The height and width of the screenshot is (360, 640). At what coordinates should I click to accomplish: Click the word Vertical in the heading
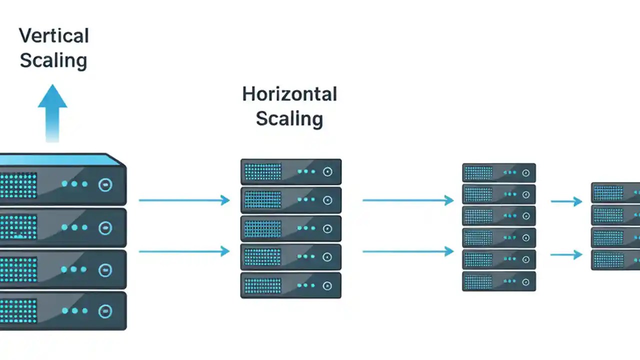[54, 36]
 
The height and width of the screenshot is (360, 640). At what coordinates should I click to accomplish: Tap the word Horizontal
[289, 94]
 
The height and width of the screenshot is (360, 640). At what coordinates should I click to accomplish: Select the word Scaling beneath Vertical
[53, 60]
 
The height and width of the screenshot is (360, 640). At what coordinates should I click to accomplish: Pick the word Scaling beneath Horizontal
[289, 118]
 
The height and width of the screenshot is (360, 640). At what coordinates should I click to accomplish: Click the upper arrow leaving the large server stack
[184, 200]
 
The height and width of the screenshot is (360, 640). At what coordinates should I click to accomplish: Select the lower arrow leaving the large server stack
[184, 251]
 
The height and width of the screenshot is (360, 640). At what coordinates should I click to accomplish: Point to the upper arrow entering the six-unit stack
[408, 200]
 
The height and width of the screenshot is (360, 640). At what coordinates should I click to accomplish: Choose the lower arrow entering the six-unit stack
[408, 251]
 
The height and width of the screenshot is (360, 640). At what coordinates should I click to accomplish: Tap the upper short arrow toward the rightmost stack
[566, 201]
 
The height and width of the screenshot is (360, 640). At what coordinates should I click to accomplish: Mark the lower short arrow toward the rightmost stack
[566, 254]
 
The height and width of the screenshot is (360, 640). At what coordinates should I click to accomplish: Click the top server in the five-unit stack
[291, 172]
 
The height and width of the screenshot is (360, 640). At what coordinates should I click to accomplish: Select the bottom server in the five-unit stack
[291, 285]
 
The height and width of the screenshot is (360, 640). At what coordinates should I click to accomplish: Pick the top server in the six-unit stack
[499, 173]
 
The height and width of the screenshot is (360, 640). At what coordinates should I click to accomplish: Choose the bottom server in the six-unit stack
[499, 281]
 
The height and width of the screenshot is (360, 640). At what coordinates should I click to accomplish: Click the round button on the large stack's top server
[105, 184]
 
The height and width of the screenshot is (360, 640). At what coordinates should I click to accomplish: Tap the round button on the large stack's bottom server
[105, 311]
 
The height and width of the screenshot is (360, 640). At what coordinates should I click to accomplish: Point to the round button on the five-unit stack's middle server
[327, 229]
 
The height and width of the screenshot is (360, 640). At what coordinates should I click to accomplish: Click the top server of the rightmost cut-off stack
[615, 192]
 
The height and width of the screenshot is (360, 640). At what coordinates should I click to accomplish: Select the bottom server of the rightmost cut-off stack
[615, 260]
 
